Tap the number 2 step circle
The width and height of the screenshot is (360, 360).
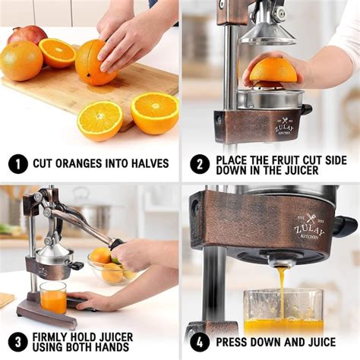coord(198,163)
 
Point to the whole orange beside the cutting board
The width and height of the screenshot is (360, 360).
coord(20,61)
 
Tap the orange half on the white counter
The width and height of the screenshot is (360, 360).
coord(99,120)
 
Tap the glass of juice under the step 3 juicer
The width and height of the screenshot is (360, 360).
coord(52,297)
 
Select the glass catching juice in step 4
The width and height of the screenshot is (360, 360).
coord(283,311)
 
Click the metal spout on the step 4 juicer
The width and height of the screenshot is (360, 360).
coord(281,260)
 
